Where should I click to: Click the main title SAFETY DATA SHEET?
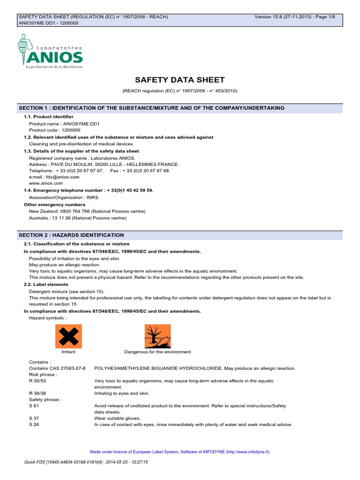pyautogui.click(x=180, y=80)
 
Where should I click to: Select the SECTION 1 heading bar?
pyautogui.click(x=180, y=108)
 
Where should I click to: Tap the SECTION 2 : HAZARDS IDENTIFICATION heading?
pyautogui.click(x=71, y=235)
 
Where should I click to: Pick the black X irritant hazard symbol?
pyautogui.click(x=68, y=336)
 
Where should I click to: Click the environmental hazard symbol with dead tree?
pyautogui.click(x=157, y=336)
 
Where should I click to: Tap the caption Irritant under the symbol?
pyautogui.click(x=68, y=352)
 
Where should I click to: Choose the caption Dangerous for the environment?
pyautogui.click(x=157, y=352)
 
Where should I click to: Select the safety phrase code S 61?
pyautogui.click(x=34, y=405)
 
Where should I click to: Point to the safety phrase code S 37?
pyautogui.click(x=34, y=418)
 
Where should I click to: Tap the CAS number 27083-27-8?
pyautogui.click(x=70, y=368)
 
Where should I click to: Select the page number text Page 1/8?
pyautogui.click(x=331, y=17)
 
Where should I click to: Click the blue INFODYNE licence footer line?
pyautogui.click(x=180, y=452)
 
